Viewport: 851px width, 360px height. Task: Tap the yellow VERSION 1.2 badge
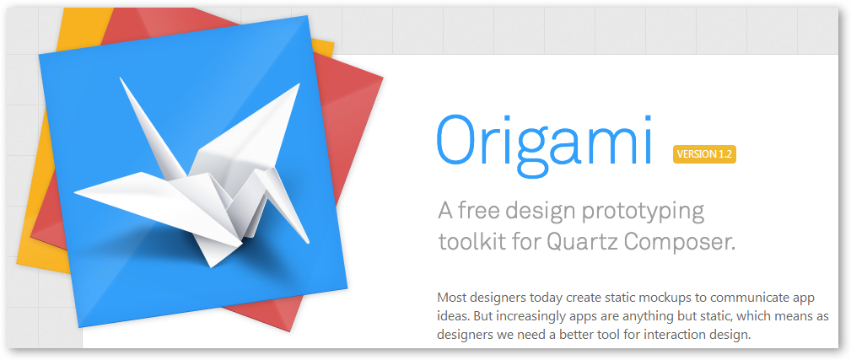pos(704,154)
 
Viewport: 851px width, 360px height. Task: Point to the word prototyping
pos(643,212)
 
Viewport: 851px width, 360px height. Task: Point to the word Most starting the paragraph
pos(450,298)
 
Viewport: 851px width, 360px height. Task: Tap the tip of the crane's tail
pos(74,191)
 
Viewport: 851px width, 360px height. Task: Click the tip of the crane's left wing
pos(121,78)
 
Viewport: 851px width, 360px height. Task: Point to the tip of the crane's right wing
pos(299,84)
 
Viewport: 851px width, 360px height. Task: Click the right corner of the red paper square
pos(383,78)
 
